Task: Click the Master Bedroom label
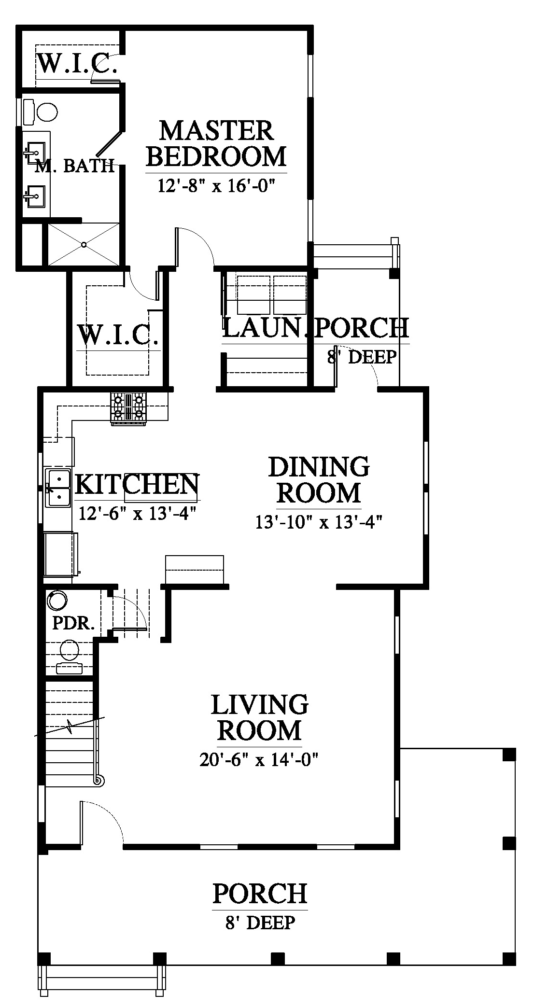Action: tap(216, 143)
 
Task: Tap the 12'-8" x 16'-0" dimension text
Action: tap(216, 185)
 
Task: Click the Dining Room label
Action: tap(319, 480)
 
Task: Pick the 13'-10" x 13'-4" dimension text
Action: tap(319, 522)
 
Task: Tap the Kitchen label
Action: tap(137, 484)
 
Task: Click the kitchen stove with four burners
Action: tap(128, 408)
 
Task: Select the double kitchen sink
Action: tap(58, 488)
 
